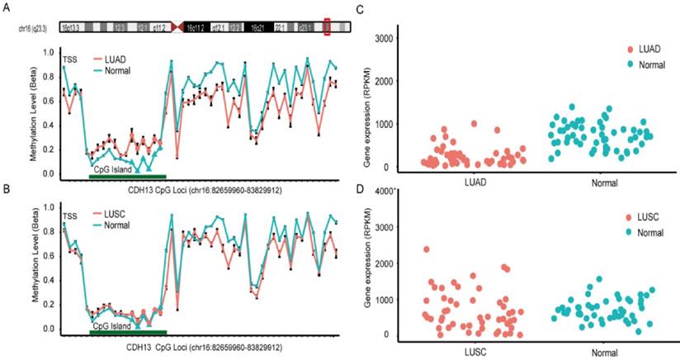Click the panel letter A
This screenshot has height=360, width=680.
point(7,9)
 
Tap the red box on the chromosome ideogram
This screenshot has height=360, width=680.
point(328,27)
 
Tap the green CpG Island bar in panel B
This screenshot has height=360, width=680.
point(128,333)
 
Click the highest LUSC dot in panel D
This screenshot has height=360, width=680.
point(426,249)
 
